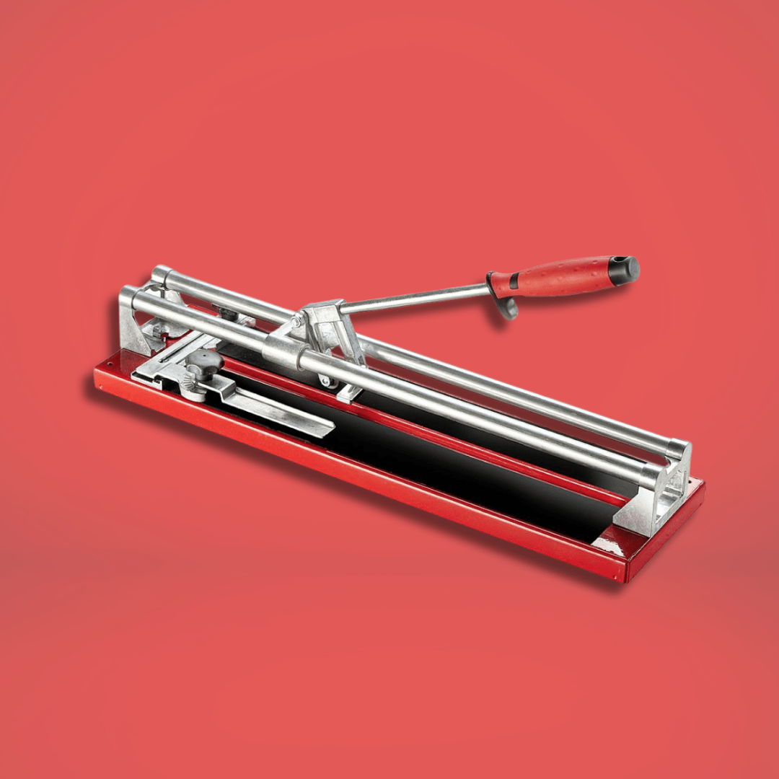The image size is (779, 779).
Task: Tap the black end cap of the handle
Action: pyautogui.click(x=625, y=269)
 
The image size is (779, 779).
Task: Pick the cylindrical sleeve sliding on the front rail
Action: pyautogui.click(x=281, y=351)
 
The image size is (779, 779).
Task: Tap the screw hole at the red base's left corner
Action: pyautogui.click(x=102, y=387)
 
